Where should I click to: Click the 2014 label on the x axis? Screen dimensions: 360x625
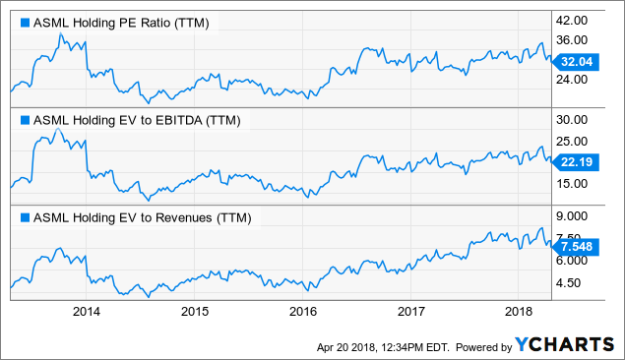click(88, 312)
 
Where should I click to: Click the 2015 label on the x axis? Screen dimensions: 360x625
click(196, 312)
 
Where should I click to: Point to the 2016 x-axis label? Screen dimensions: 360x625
click(304, 312)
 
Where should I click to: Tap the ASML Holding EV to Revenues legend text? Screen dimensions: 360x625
click(141, 217)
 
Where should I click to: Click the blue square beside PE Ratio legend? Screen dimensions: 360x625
click(25, 23)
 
